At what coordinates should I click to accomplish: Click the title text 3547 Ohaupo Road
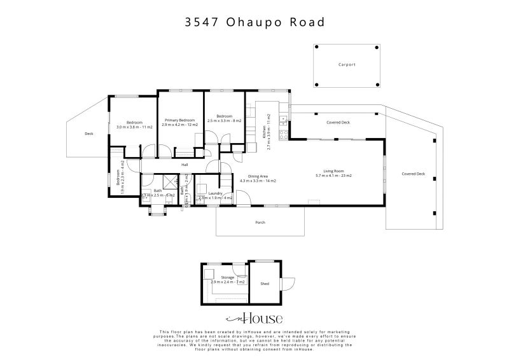pos(254,22)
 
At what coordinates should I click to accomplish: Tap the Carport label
pos(347,64)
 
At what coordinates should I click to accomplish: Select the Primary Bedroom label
pos(179,120)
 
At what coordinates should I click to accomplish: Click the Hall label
pos(185,165)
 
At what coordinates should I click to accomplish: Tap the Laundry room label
pos(214,193)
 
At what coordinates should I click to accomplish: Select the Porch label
pos(260,223)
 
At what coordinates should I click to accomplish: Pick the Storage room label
pos(227,277)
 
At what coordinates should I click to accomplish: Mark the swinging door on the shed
pos(289,284)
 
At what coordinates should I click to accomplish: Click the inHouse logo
pos(254,319)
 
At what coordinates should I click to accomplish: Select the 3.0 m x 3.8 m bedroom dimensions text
pos(134,127)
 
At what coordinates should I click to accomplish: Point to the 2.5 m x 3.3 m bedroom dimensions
pos(224,121)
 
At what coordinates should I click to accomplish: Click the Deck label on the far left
pos(88,134)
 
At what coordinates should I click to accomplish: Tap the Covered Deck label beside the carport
pos(338,121)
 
